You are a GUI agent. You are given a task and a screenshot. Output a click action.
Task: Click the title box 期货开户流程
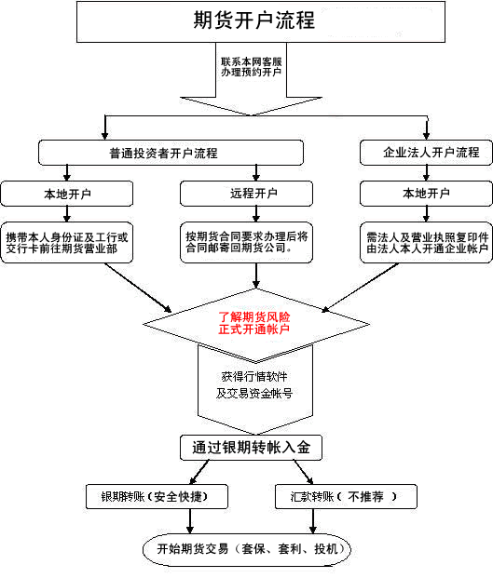click(x=253, y=20)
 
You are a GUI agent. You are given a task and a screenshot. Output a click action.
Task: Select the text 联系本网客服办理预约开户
click(x=252, y=66)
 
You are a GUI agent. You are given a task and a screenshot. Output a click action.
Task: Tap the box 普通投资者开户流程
click(x=171, y=153)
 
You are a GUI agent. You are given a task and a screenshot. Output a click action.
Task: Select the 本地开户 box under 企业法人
click(x=425, y=194)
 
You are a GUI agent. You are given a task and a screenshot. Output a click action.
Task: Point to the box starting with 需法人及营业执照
click(x=425, y=242)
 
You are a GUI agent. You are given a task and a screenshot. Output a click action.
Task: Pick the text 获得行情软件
click(x=254, y=377)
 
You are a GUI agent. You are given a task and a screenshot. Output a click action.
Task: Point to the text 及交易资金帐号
click(x=254, y=394)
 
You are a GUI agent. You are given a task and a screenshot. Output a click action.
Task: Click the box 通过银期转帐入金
click(x=252, y=448)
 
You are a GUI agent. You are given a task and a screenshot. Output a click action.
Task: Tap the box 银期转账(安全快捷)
click(x=157, y=497)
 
